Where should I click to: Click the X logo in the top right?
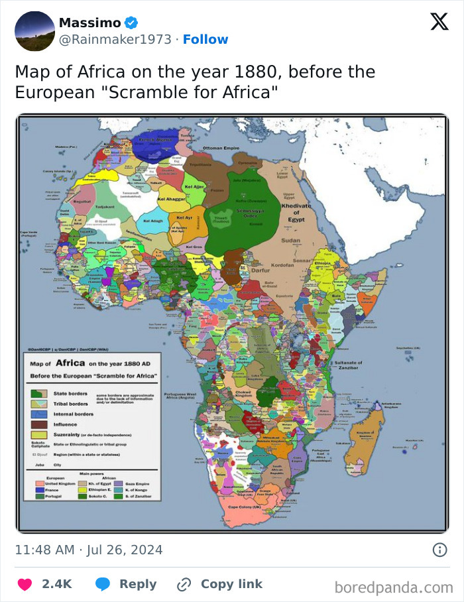[439, 22]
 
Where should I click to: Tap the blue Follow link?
[205, 40]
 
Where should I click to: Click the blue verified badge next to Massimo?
[132, 23]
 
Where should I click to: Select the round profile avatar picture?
[34, 31]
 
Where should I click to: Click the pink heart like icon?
[25, 584]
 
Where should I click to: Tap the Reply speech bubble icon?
[103, 584]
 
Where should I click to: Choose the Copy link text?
[231, 584]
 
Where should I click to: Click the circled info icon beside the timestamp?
[439, 550]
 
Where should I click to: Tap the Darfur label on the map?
[260, 271]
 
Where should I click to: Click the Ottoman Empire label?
[221, 148]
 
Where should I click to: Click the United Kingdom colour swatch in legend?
[39, 483]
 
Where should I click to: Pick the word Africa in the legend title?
[70, 363]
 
